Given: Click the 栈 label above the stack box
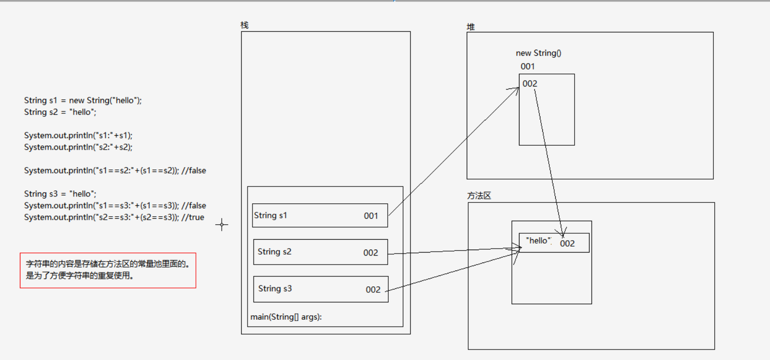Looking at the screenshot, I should click(x=244, y=25).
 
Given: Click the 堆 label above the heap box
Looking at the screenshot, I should click(x=470, y=27).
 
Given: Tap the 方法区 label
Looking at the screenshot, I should click(x=479, y=196).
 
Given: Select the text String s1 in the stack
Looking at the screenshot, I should click(x=270, y=215).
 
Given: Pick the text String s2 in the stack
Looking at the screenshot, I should click(x=274, y=252).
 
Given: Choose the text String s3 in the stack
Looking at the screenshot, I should click(x=275, y=288).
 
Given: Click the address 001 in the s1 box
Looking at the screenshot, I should click(x=371, y=216).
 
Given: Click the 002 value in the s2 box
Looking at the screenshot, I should click(x=370, y=253).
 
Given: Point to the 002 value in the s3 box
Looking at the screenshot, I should click(x=373, y=290).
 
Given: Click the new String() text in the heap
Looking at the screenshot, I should click(x=538, y=53).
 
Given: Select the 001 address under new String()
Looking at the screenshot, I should click(x=527, y=66).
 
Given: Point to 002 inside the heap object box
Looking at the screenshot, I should click(x=530, y=84).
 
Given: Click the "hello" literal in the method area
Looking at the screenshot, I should click(x=539, y=241).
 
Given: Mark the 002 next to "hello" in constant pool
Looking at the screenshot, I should click(x=567, y=243).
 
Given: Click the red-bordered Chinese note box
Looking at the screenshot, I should click(x=108, y=270).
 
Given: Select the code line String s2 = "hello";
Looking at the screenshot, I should click(x=60, y=112).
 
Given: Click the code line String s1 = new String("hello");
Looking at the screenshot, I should click(x=83, y=100).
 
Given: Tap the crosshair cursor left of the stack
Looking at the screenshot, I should click(x=222, y=225).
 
